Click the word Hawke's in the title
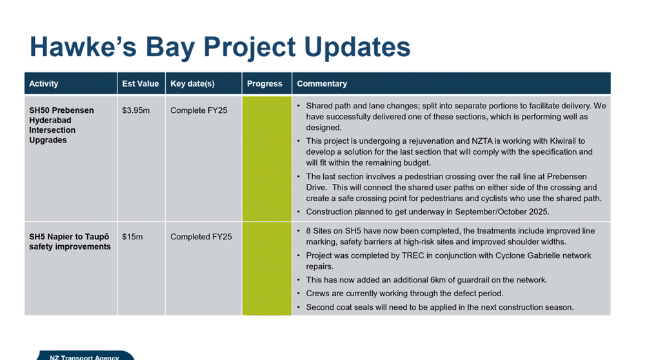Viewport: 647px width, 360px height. tap(83, 46)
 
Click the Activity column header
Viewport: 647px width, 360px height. tap(43, 83)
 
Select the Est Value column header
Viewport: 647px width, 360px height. tap(140, 83)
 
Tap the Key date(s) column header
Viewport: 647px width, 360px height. tap(192, 83)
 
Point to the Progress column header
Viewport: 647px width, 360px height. tap(264, 83)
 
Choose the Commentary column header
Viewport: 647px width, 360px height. tap(322, 83)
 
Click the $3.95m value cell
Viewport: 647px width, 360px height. tap(135, 110)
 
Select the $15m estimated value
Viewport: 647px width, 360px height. tap(132, 237)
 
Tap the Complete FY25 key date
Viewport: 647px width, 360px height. tap(199, 110)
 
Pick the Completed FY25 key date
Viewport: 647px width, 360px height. tap(201, 237)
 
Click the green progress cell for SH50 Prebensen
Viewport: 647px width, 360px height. tap(266, 159)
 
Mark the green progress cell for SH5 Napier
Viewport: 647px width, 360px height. tap(266, 269)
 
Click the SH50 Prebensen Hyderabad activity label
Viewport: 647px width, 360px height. tap(61, 125)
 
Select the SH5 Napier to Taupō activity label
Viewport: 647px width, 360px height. tap(70, 241)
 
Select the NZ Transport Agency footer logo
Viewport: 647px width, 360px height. tap(85, 355)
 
